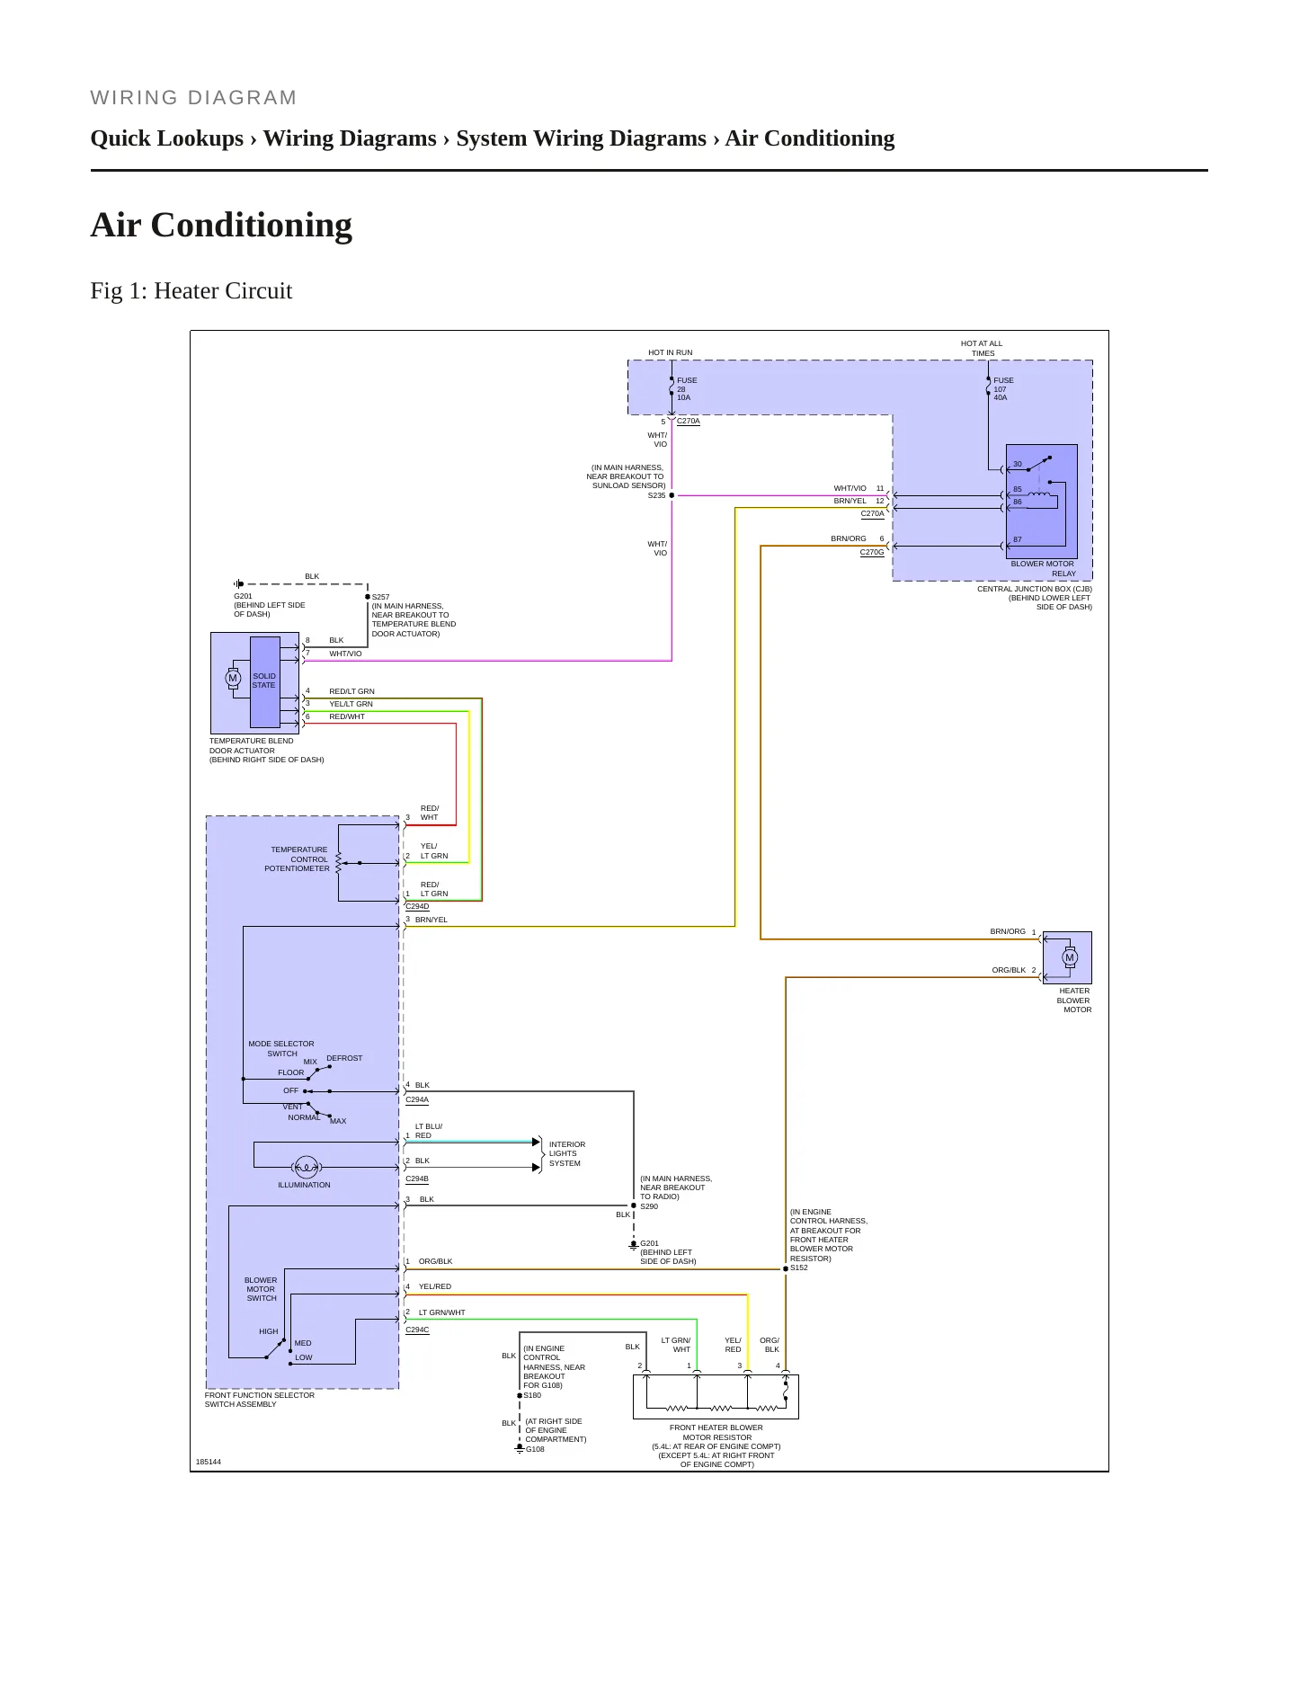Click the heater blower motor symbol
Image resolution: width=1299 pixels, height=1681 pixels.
[1069, 957]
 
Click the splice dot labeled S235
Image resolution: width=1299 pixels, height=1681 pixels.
[672, 495]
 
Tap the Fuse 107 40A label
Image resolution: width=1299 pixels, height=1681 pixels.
[1003, 389]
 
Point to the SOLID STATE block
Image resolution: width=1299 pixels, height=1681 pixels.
[264, 681]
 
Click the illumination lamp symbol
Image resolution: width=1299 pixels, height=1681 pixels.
[307, 1168]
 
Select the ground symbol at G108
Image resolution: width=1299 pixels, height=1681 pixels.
[520, 1448]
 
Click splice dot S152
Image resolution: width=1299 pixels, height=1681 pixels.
[786, 1269]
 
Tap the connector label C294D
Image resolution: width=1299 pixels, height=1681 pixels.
[417, 907]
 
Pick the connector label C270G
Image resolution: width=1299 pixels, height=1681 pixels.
[872, 553]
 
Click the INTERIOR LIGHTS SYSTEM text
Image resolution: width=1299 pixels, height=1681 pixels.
[567, 1154]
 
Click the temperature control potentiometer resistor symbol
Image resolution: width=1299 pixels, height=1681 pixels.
[338, 863]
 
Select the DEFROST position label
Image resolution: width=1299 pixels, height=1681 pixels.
[344, 1058]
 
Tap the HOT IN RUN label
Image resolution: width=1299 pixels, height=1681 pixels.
[671, 352]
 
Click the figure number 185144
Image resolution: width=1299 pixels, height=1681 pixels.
[209, 1462]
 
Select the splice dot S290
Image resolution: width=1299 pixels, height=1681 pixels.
[634, 1205]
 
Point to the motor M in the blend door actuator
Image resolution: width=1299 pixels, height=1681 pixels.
[233, 679]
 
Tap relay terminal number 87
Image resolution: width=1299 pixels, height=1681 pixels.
[1018, 540]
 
